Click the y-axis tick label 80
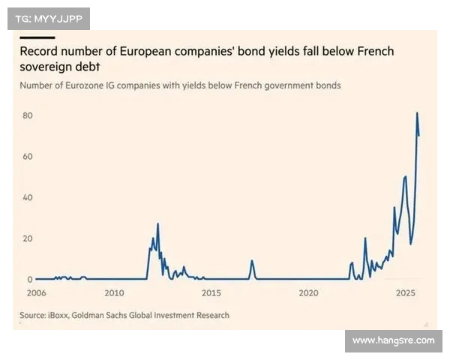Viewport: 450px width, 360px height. tap(28, 115)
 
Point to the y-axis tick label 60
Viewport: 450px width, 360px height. tap(28, 157)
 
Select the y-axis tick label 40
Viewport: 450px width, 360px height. tap(28, 198)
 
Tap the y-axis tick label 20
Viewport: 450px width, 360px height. tap(28, 239)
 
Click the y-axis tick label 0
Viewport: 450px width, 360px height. tap(30, 280)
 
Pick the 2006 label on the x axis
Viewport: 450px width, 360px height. tap(37, 293)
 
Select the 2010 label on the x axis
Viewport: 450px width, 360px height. tap(114, 293)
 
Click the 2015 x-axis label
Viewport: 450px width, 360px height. tap(211, 293)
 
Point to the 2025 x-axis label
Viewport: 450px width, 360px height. tap(405, 293)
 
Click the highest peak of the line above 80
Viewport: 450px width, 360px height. tap(417, 113)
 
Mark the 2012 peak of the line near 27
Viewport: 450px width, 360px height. tap(157, 223)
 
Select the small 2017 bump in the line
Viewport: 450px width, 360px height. tap(252, 261)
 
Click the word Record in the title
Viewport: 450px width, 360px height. tap(42, 52)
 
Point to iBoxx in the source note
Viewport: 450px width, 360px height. tap(64, 315)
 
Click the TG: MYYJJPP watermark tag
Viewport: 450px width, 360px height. tap(49, 19)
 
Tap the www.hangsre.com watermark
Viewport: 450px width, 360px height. tap(393, 340)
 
